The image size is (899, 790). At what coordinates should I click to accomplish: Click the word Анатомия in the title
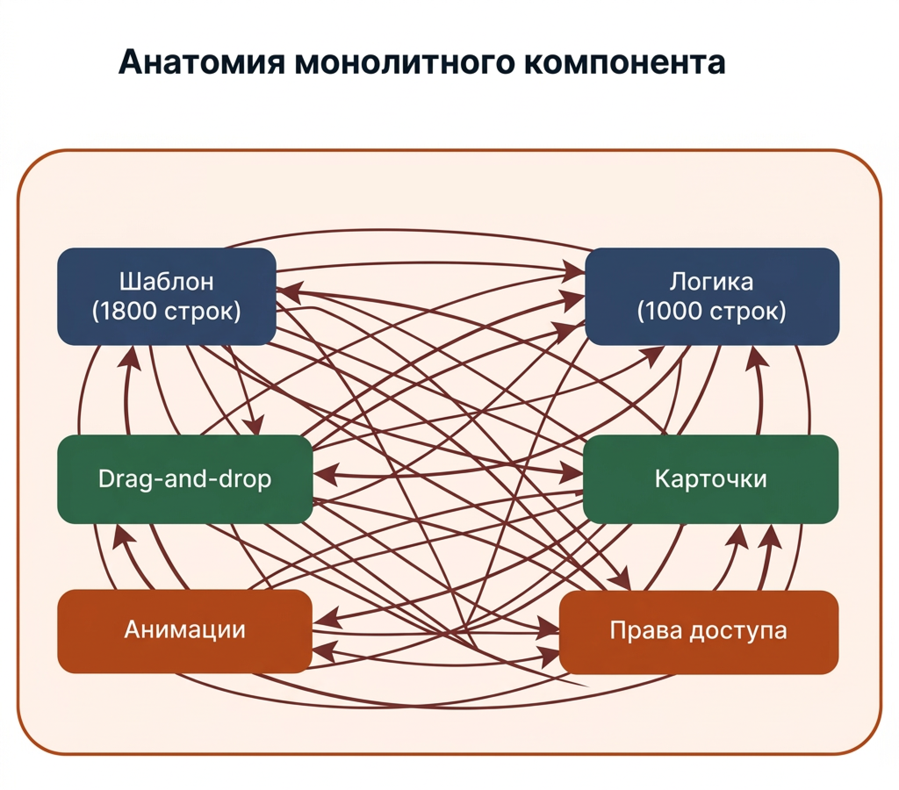[x=201, y=62]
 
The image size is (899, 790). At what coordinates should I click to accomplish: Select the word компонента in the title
[x=625, y=62]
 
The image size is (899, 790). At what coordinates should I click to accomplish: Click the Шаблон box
[x=167, y=296]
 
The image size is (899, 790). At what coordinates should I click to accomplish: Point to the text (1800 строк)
[x=167, y=311]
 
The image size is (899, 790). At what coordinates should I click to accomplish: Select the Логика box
[x=712, y=296]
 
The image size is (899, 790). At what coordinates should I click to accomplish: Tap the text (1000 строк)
[x=712, y=311]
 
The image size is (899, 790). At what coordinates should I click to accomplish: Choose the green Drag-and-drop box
[x=185, y=478]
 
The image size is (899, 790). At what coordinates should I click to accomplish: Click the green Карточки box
[x=710, y=478]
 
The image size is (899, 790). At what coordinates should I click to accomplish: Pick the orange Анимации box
[x=185, y=630]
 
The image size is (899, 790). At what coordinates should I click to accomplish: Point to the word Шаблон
[x=167, y=281]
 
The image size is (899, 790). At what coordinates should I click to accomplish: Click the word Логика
[x=712, y=281]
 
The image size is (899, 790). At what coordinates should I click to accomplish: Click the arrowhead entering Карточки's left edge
[x=572, y=472]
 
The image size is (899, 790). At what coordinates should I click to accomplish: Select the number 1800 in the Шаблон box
[x=130, y=312]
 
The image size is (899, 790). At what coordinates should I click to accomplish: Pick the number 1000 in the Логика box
[x=676, y=312]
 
